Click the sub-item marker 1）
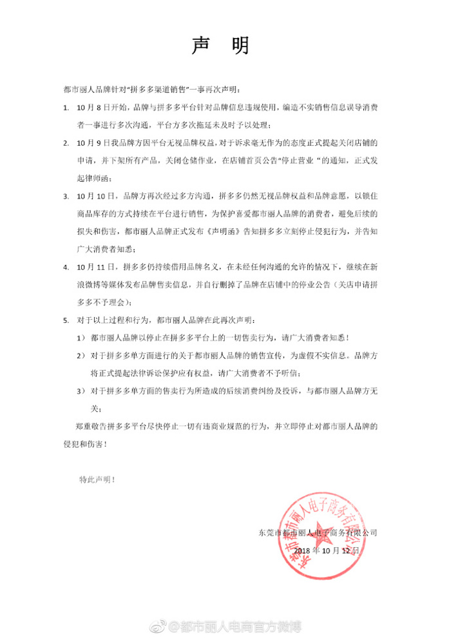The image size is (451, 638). [81, 337]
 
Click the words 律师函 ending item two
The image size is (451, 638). [106, 178]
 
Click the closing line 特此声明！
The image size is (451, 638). [97, 479]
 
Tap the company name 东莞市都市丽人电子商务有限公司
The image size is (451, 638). [318, 533]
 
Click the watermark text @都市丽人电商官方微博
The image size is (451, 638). [240, 626]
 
